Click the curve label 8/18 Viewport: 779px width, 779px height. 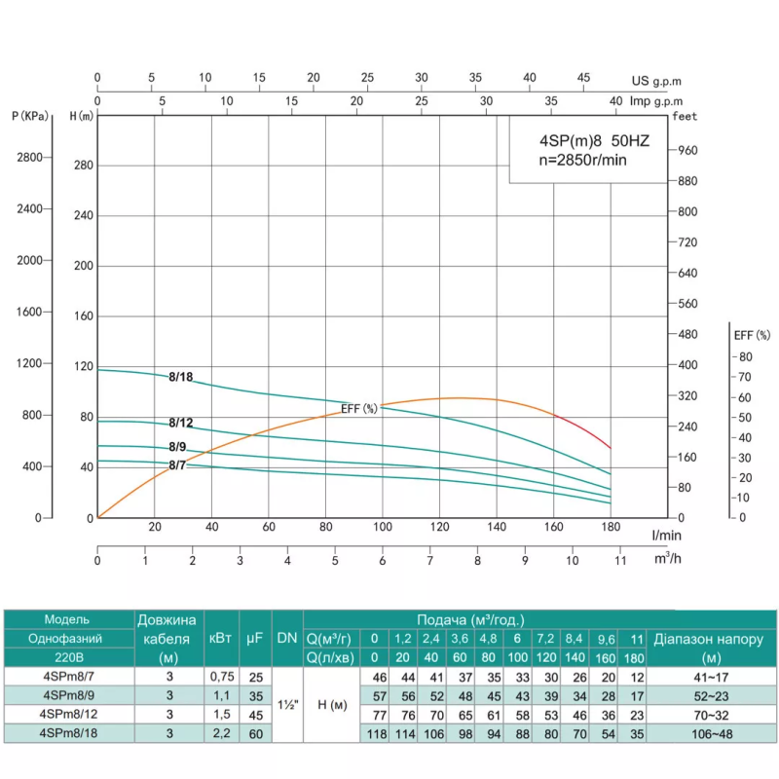click(x=180, y=377)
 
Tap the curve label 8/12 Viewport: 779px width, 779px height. click(x=180, y=423)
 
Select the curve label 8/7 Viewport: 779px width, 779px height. click(x=177, y=465)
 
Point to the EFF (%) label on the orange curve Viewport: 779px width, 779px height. click(x=359, y=409)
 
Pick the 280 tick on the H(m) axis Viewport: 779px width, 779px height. click(x=83, y=165)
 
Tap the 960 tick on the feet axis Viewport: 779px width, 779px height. click(x=688, y=150)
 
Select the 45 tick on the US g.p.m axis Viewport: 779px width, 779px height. click(x=582, y=78)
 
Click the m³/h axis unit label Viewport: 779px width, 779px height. click(x=667, y=558)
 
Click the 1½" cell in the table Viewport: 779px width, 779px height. click(x=286, y=705)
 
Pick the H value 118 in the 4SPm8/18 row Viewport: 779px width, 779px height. click(x=374, y=733)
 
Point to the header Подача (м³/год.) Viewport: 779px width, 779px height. click(x=470, y=619)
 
